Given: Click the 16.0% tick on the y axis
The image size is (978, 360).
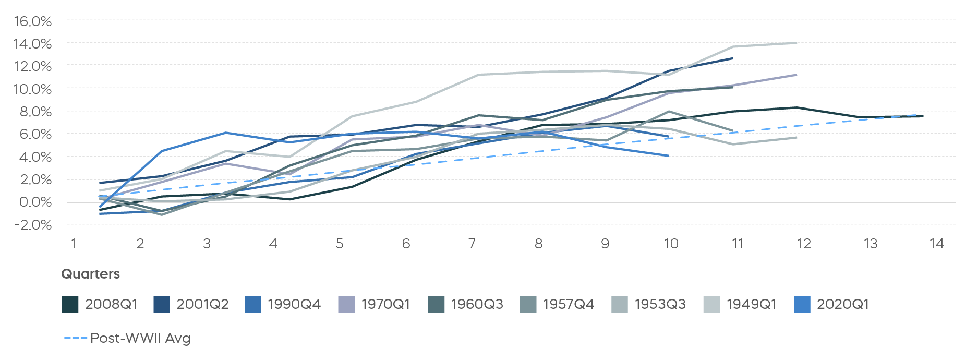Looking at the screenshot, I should [x=32, y=21].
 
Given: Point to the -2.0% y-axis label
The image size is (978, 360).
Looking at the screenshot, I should [x=32, y=225].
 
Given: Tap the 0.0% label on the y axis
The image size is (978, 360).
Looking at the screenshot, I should [x=35, y=202].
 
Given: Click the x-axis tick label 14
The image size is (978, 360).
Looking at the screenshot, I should [x=936, y=244].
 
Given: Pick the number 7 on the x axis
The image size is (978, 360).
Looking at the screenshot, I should [x=472, y=244].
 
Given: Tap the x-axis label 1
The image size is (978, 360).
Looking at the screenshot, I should [x=74, y=244].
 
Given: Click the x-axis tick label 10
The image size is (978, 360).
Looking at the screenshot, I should [x=671, y=244].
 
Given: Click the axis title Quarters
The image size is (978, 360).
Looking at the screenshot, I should [x=90, y=274].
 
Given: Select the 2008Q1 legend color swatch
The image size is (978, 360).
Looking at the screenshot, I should [x=70, y=304].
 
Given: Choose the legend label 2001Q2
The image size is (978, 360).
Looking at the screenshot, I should [x=202, y=304].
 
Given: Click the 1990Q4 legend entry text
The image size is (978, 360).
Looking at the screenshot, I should [x=294, y=304].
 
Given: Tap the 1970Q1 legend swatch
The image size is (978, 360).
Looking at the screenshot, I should [x=346, y=304].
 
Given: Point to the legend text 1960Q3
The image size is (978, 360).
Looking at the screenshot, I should [x=477, y=304].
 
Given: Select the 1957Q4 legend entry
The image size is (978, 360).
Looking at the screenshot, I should [x=569, y=304].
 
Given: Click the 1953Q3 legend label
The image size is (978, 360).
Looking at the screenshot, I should [x=660, y=304].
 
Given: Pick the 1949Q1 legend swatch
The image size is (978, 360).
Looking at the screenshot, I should [x=711, y=304].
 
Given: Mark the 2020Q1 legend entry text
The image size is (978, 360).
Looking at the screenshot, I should [x=843, y=304].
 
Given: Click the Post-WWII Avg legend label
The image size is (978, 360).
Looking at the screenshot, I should [x=140, y=338].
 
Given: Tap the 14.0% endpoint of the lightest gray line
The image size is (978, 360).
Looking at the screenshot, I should [x=796, y=43].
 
